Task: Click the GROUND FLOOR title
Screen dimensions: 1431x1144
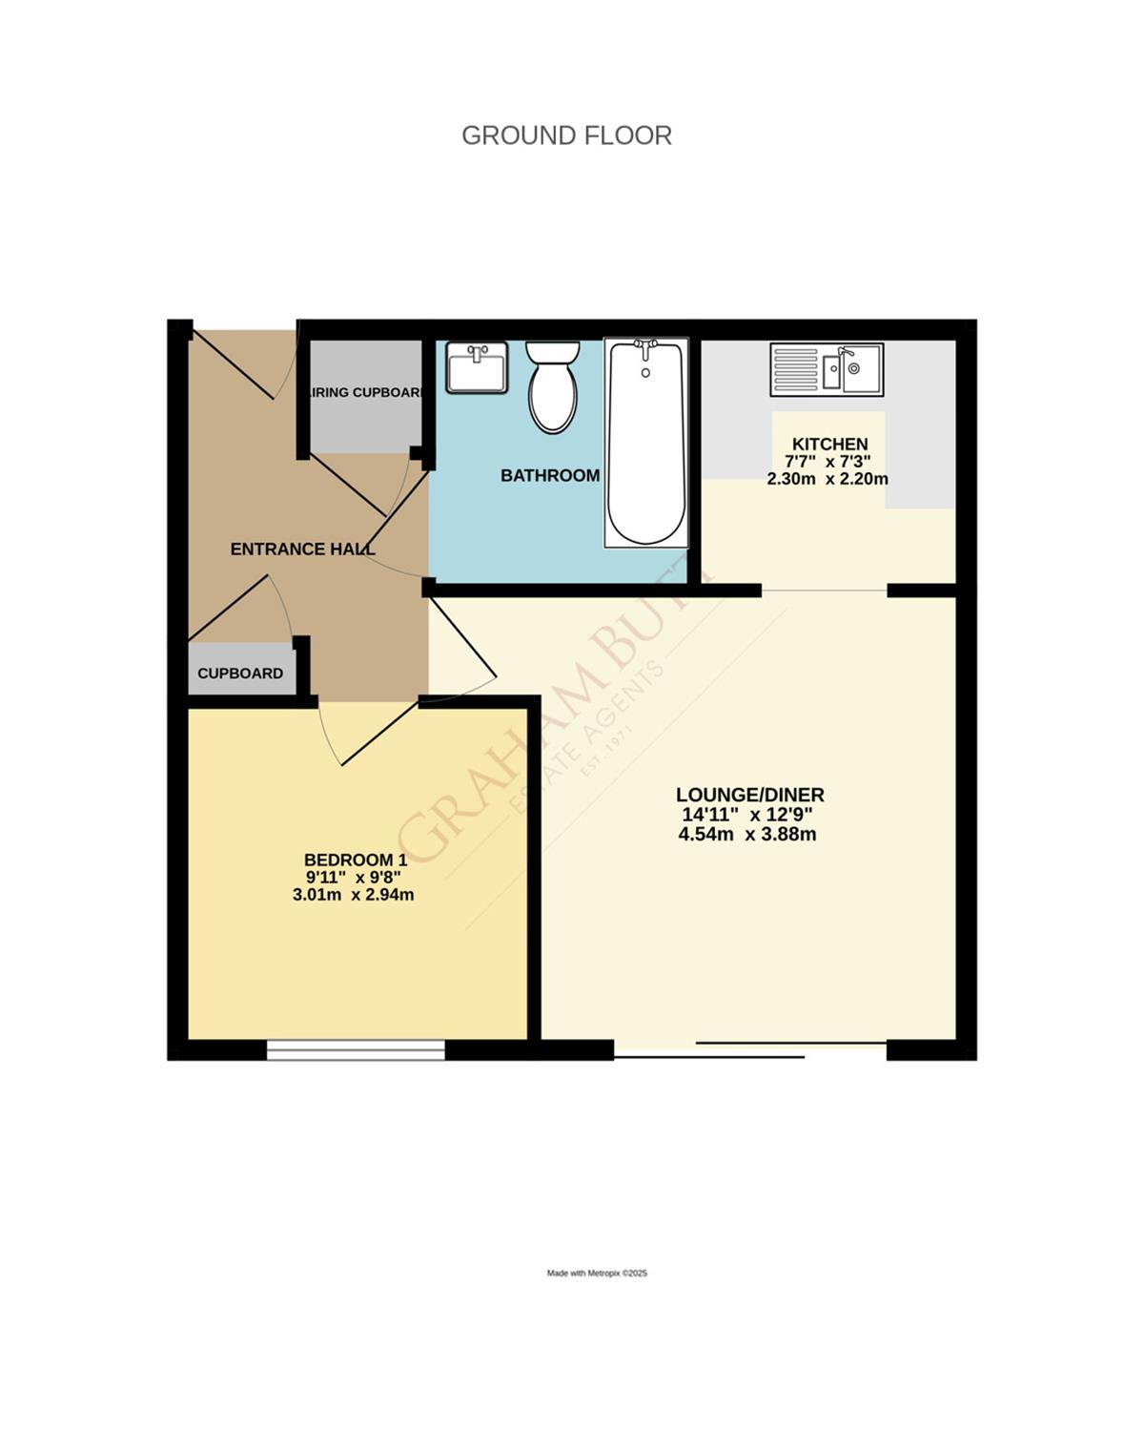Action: [x=566, y=135]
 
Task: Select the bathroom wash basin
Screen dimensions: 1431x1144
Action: [x=477, y=367]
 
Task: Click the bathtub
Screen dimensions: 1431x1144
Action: [x=646, y=443]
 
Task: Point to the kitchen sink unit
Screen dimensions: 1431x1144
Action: [x=827, y=369]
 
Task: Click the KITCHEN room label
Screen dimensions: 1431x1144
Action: [x=829, y=444]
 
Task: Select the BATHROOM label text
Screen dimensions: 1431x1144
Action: [x=550, y=475]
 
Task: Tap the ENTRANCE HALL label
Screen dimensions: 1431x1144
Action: [x=302, y=549]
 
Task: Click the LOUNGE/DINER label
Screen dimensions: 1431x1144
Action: [x=749, y=795]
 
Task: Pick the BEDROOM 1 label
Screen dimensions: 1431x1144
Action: [x=355, y=860]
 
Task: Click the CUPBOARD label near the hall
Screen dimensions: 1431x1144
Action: [x=240, y=674]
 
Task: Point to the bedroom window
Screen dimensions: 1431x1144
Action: [x=356, y=1050]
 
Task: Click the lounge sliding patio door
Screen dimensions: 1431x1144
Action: [x=750, y=1050]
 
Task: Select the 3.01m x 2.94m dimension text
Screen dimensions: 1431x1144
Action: [x=353, y=895]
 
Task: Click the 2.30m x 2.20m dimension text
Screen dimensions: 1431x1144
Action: [x=827, y=479]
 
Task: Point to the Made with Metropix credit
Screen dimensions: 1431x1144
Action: [x=597, y=1273]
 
